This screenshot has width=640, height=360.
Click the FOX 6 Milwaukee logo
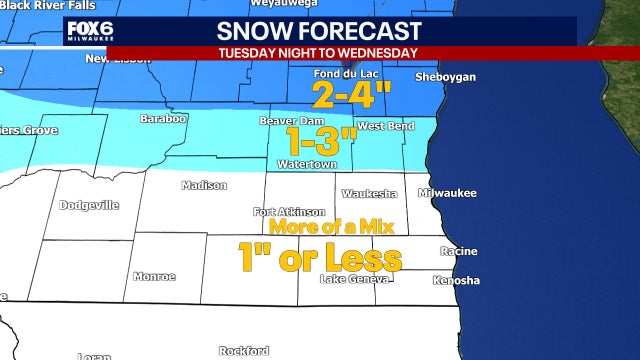[x=87, y=31]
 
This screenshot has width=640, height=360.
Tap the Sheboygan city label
[x=446, y=77]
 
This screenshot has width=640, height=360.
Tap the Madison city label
[x=204, y=185]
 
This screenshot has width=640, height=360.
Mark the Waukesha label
[x=369, y=193]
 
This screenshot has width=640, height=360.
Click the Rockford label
[x=244, y=351]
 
